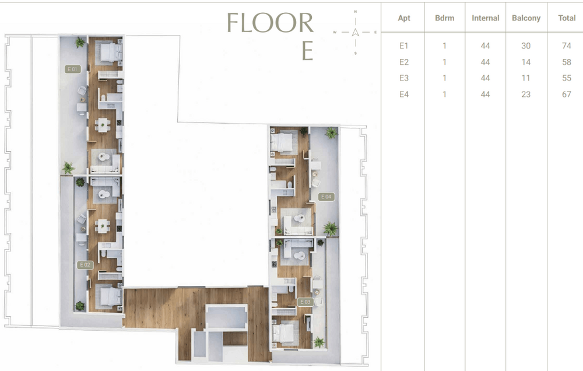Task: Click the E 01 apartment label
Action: (72, 69)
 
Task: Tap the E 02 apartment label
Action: (85, 265)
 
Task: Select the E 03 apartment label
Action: (305, 302)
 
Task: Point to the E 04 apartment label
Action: (326, 197)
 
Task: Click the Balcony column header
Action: (526, 18)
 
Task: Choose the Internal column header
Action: (485, 18)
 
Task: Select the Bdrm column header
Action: (445, 18)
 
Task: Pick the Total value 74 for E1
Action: (566, 45)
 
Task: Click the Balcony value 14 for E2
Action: (526, 62)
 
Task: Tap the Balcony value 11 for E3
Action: (526, 78)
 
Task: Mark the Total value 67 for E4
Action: (566, 94)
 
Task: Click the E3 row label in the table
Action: (404, 78)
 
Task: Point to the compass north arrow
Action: (356, 32)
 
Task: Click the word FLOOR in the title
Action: (271, 23)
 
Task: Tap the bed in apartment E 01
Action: (110, 52)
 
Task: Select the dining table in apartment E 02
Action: (102, 226)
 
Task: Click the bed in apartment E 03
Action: (284, 332)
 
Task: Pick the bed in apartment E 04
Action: (282, 142)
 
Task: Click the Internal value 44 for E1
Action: (485, 45)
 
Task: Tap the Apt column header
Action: (404, 18)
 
